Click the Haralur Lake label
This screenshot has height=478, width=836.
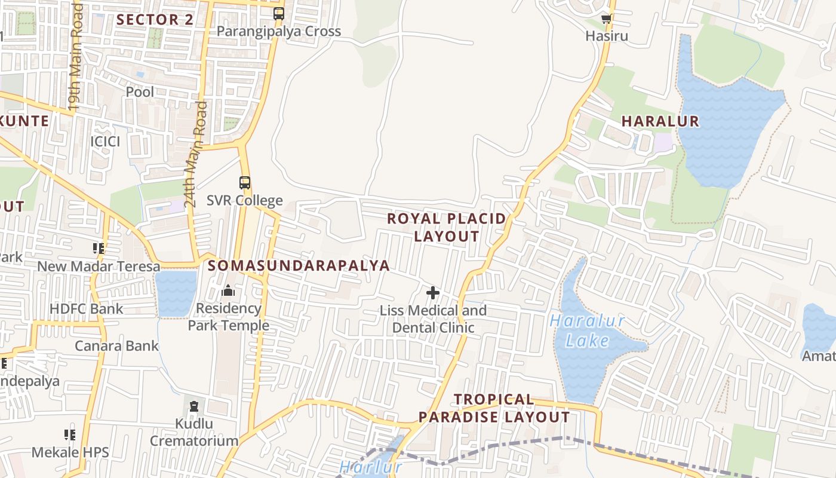(x=588, y=330)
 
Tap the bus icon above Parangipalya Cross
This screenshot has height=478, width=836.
(x=278, y=13)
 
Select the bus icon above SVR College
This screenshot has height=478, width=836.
(x=244, y=182)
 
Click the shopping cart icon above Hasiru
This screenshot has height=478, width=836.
(x=607, y=19)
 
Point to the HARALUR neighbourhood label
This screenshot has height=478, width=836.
(x=660, y=121)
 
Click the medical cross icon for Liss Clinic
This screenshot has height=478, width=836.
(x=433, y=293)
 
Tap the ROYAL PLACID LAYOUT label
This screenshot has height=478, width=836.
(x=447, y=227)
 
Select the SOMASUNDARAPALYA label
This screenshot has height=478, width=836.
(x=299, y=265)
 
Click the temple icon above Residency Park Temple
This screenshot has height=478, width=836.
(x=228, y=291)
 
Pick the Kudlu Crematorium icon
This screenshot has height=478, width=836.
(x=193, y=407)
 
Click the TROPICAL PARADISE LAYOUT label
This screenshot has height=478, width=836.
(x=494, y=408)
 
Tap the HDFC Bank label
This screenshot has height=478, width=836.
(x=86, y=309)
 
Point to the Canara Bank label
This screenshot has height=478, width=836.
(x=116, y=346)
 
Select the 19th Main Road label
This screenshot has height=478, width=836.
(x=75, y=57)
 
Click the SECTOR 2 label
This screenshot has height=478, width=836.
(x=155, y=20)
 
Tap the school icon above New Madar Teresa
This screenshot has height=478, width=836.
(x=99, y=248)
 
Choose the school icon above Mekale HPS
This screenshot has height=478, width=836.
(x=70, y=435)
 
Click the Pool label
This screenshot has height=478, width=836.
(x=140, y=92)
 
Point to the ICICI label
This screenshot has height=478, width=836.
(x=105, y=142)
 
